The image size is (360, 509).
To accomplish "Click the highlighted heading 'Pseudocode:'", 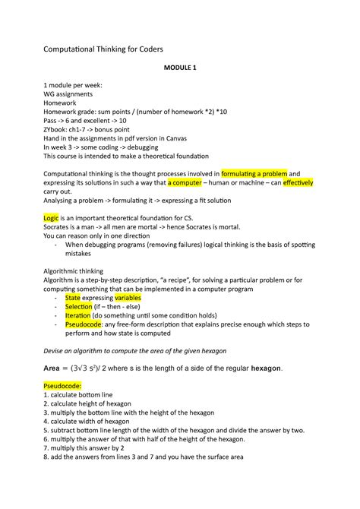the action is pos(68,386).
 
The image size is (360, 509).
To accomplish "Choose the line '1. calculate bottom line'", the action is pos(90,396).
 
